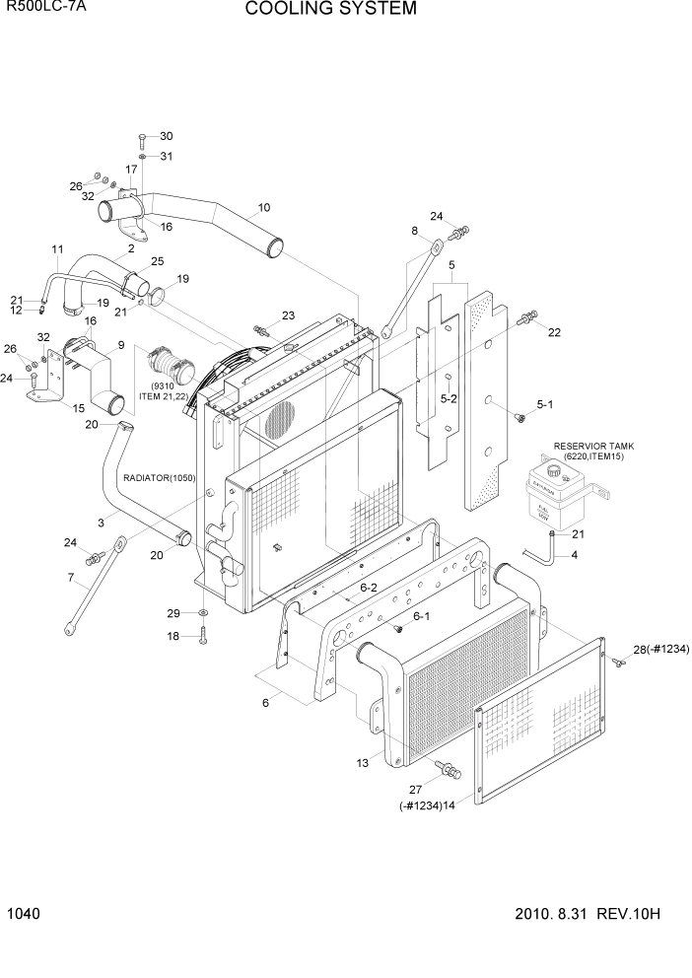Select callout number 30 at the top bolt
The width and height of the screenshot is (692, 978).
pyautogui.click(x=166, y=136)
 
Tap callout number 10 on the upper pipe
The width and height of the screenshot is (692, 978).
pyautogui.click(x=264, y=208)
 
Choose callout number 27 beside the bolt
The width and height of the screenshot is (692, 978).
pyautogui.click(x=414, y=788)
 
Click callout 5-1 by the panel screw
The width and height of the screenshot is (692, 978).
pyautogui.click(x=545, y=404)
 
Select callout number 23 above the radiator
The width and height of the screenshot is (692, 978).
pyautogui.click(x=288, y=315)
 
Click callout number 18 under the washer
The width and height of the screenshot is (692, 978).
pyautogui.click(x=174, y=637)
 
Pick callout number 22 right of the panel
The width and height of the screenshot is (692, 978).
pyautogui.click(x=554, y=332)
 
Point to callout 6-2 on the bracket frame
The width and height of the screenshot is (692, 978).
pyautogui.click(x=369, y=587)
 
